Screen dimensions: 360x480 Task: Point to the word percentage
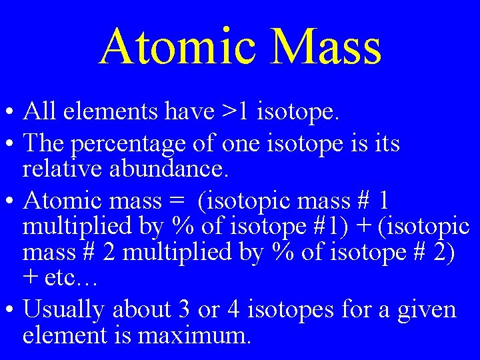[126, 143]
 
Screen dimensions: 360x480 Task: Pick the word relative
[57, 169]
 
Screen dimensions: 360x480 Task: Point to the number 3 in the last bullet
[184, 309]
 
